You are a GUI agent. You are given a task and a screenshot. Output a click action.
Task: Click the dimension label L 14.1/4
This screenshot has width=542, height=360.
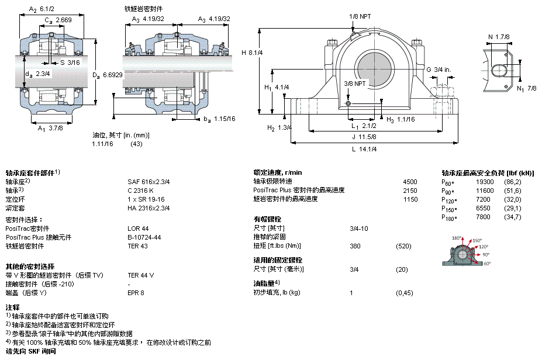pos(364,149)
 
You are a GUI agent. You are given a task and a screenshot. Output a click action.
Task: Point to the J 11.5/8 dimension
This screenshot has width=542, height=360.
pos(364,137)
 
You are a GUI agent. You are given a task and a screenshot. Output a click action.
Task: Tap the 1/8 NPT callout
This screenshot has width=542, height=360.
pos(360,16)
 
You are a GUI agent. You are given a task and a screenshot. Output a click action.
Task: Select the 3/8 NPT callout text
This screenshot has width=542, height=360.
pos(355,84)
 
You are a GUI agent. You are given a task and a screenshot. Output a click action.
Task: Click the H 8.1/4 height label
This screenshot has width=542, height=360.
pos(252,53)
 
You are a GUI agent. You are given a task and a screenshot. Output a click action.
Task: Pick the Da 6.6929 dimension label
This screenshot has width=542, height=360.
pos(108,75)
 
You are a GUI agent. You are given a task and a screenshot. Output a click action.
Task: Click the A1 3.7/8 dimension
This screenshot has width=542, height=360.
pos(50,128)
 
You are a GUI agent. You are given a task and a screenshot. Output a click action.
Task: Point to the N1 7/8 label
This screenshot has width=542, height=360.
pos(527,88)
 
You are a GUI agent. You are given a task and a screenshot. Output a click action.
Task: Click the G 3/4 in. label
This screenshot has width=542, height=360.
pos(439,70)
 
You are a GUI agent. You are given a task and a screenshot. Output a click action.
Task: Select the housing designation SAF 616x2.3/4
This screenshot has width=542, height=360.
pos(149,182)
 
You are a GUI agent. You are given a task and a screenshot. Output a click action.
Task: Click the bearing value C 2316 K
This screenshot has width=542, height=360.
pos(140,191)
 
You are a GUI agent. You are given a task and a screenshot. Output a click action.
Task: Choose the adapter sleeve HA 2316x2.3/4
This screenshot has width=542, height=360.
pos(149,208)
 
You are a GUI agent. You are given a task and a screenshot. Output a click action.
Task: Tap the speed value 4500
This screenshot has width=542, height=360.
pos(410,182)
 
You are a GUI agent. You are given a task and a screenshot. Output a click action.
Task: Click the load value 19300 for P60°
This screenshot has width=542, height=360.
pos(485,182)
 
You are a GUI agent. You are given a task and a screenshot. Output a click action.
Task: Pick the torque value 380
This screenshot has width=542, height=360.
pos(355,246)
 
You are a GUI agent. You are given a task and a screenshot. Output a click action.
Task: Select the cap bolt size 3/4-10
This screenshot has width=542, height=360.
pos(359,229)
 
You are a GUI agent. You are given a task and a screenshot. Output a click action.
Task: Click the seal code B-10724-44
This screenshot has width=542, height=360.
pos(144,237)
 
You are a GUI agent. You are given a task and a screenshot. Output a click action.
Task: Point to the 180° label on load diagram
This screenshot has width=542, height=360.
pos(456,238)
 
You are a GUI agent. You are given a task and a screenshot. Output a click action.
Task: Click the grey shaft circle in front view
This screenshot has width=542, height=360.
pos(375,67)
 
